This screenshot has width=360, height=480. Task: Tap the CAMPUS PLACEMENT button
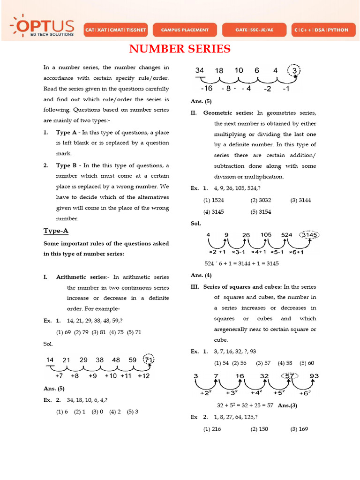click(185, 30)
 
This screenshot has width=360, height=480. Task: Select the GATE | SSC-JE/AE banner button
click(254, 30)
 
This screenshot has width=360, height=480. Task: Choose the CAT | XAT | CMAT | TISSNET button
click(115, 30)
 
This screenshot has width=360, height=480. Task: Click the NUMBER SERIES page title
click(180, 49)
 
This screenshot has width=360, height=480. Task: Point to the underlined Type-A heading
click(56, 231)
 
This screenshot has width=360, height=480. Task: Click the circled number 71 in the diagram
click(149, 360)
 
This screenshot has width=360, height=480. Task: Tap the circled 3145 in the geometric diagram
click(309, 235)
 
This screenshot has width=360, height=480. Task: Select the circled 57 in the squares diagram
click(290, 376)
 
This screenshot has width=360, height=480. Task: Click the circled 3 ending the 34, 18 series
click(294, 71)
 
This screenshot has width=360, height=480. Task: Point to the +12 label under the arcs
click(144, 376)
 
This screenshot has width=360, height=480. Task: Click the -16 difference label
click(206, 89)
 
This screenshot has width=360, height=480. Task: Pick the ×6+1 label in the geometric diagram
click(296, 252)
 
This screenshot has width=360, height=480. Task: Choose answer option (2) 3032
click(261, 200)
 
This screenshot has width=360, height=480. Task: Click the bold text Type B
click(66, 165)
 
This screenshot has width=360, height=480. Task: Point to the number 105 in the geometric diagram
click(266, 235)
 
